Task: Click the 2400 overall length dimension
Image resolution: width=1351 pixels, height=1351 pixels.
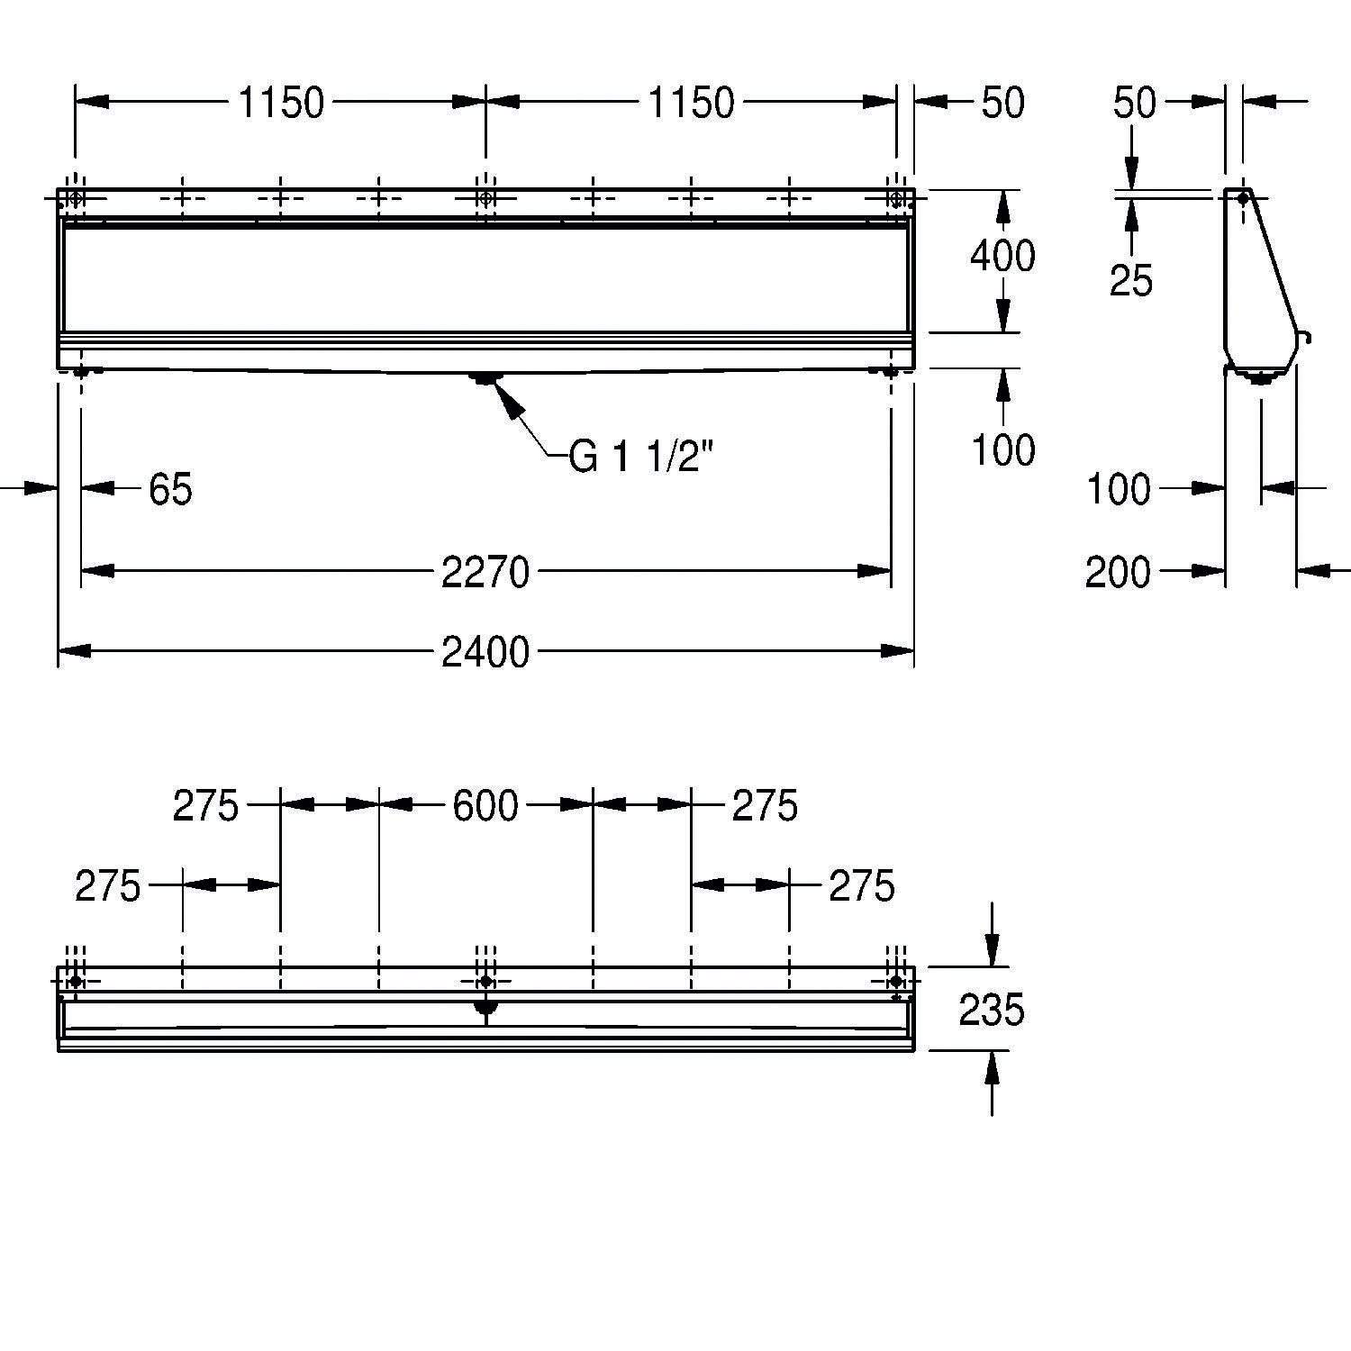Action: coord(485,651)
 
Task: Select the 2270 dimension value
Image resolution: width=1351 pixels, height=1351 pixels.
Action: coord(485,572)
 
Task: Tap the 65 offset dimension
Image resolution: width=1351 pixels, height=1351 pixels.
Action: coord(170,490)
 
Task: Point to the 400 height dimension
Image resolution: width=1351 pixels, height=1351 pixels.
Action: coord(1002,257)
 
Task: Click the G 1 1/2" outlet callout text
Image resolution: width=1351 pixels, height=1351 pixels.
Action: coord(641,458)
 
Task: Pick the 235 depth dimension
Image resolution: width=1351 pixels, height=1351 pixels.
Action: coord(991,1011)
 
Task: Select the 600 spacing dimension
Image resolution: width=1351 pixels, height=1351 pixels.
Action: coord(485,806)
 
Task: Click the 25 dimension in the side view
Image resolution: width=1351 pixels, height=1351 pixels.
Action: coord(1131,281)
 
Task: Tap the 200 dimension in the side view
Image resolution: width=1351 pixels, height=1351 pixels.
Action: coord(1118,572)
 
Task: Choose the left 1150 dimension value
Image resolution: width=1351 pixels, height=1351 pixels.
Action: coord(281,104)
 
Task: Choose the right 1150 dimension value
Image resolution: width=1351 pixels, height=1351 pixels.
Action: coord(692,104)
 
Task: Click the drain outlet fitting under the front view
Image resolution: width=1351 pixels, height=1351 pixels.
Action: coord(485,378)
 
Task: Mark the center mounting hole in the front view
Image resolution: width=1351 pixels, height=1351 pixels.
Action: coord(485,198)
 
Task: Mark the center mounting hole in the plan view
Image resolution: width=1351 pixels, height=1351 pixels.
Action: coord(485,981)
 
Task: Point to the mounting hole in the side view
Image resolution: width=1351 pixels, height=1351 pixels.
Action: coord(1243,198)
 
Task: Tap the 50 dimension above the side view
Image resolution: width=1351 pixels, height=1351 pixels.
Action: coord(1134,104)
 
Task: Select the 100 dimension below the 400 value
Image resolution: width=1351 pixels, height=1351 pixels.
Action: coord(1002,449)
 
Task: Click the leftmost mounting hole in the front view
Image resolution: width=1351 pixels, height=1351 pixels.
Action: coord(76,198)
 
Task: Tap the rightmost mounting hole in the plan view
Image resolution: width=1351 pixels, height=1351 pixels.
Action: coord(895,981)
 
